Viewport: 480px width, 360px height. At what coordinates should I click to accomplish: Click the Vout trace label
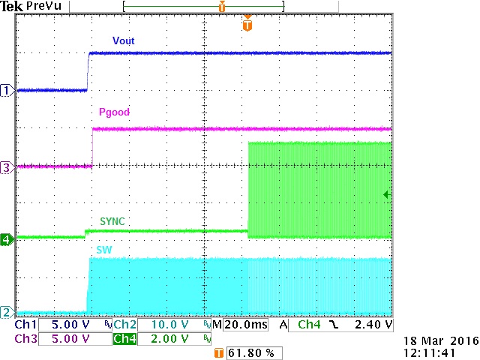point(123,40)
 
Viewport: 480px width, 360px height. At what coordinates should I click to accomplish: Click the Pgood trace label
point(114,112)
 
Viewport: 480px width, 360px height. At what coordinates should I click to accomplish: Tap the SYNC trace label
point(112,222)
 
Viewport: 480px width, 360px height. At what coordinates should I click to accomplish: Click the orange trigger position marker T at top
point(247,25)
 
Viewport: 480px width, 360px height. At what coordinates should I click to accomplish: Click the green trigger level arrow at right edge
point(387,195)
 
